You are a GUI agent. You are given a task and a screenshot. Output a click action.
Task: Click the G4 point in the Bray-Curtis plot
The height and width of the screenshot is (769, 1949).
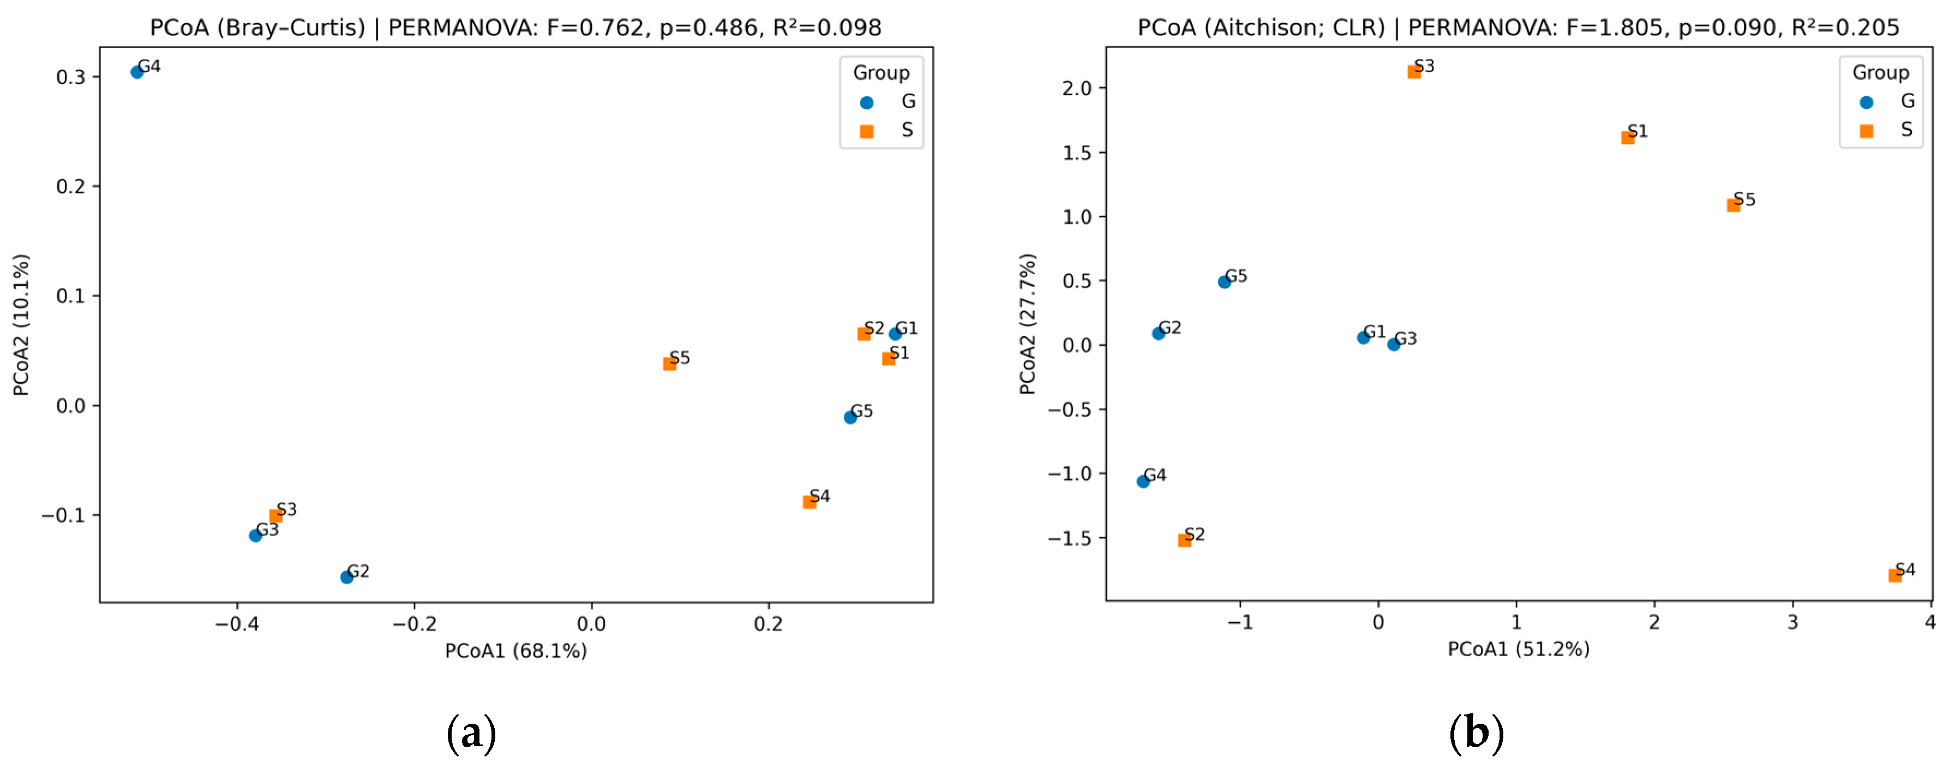137,72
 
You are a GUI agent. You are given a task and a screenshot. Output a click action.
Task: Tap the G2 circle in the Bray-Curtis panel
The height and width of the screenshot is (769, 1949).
346,577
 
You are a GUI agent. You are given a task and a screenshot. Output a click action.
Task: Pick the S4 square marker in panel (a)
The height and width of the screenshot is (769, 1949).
809,502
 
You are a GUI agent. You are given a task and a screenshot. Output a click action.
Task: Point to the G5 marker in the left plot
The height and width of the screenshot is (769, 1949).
850,417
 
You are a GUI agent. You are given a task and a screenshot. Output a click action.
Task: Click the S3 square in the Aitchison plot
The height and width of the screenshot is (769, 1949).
1414,72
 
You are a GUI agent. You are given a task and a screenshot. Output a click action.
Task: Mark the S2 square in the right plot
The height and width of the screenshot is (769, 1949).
1185,540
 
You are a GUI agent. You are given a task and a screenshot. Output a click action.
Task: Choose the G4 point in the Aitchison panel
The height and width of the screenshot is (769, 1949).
1143,482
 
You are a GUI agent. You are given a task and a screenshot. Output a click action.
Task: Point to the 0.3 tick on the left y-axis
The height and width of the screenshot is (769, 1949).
71,77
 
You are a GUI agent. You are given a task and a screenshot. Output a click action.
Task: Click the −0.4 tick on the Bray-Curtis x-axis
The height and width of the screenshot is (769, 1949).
237,624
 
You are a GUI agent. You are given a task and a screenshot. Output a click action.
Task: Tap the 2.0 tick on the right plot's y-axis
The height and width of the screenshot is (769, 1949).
1077,88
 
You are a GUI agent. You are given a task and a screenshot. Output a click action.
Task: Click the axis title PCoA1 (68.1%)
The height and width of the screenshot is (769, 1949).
515,651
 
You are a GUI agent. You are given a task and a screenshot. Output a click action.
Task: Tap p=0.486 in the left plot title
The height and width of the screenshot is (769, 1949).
708,27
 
